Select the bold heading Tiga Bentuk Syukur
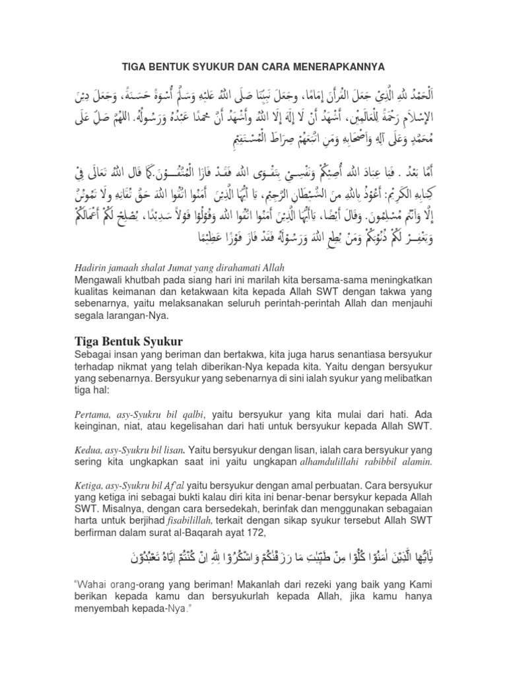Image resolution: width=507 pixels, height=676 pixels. [x=126, y=341]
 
